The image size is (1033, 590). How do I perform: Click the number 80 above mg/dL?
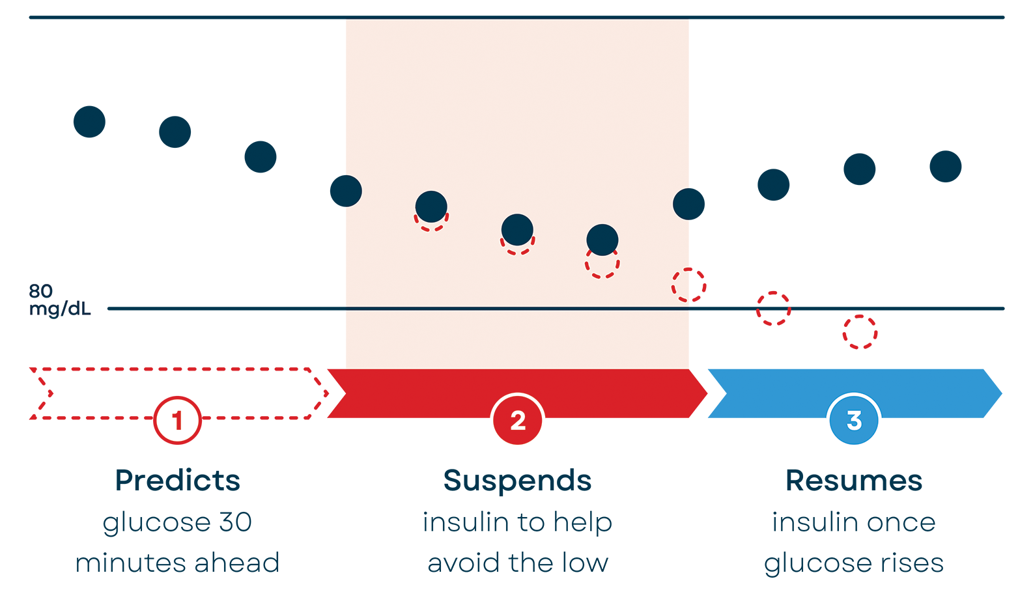40,290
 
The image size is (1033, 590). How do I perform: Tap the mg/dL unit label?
60,307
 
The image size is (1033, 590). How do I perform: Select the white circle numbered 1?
177,420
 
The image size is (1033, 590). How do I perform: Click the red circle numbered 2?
518,420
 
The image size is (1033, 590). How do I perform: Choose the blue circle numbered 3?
854,420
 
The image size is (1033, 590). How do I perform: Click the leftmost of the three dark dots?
431,207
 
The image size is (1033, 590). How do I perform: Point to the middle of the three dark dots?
517,230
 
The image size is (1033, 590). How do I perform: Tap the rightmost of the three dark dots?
602,240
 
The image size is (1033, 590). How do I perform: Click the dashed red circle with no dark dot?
683,285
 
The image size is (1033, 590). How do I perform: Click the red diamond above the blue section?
860,336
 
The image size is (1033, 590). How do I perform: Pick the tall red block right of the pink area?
773,274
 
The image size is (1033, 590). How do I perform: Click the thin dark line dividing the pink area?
517,309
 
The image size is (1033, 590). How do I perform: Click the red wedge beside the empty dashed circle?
713,280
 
